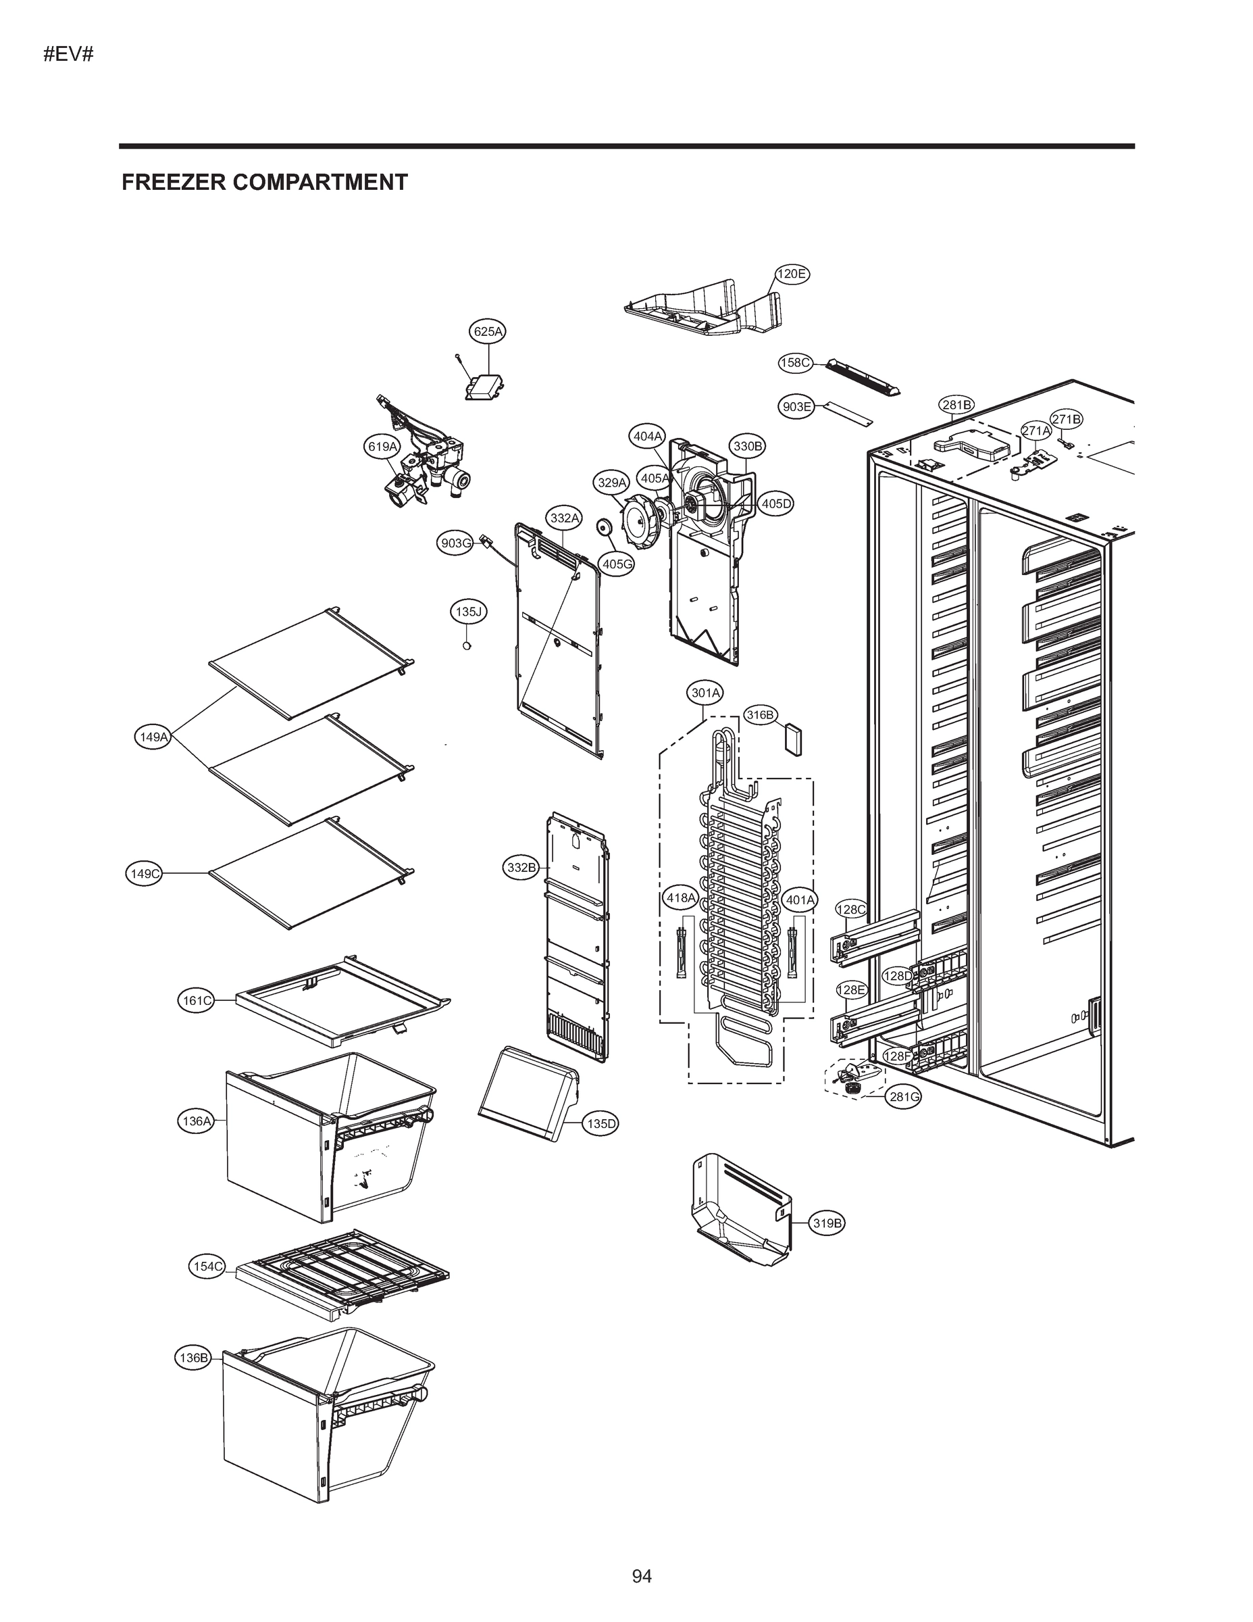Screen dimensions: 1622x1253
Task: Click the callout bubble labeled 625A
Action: pyautogui.click(x=488, y=331)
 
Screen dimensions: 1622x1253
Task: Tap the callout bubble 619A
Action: pyautogui.click(x=382, y=446)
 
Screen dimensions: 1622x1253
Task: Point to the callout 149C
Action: pyautogui.click(x=145, y=873)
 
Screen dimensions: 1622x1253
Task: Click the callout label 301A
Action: pyautogui.click(x=705, y=693)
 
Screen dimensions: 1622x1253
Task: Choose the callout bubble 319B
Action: pyautogui.click(x=827, y=1223)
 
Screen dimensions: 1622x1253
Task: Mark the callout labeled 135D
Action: pyautogui.click(x=600, y=1124)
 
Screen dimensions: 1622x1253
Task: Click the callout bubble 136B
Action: pyautogui.click(x=193, y=1358)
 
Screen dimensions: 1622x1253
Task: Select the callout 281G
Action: pyautogui.click(x=904, y=1097)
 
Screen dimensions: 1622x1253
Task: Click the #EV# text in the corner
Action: pyautogui.click(x=68, y=54)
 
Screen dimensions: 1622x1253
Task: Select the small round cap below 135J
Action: pyautogui.click(x=467, y=645)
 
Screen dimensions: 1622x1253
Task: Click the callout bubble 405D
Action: pyautogui.click(x=776, y=503)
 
